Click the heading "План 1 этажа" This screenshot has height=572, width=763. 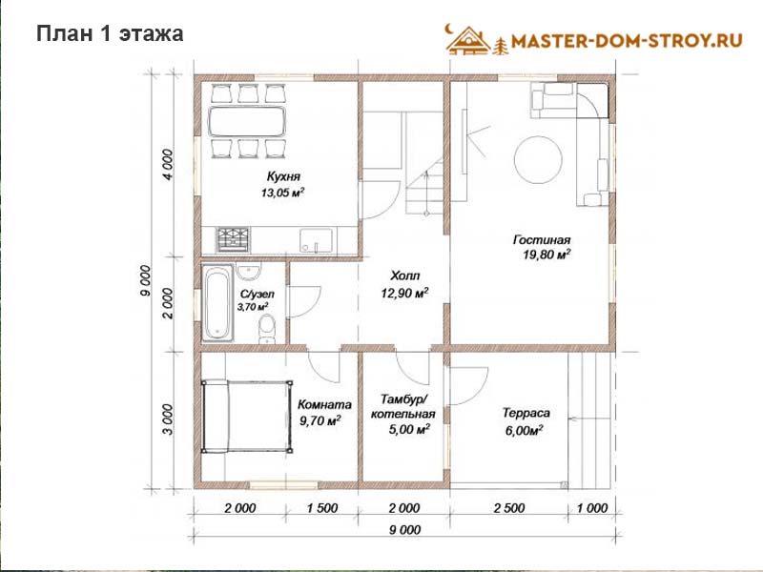tap(110, 34)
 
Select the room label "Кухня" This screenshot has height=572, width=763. tap(283, 176)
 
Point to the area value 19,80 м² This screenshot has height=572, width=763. tap(546, 255)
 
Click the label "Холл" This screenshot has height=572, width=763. tap(404, 276)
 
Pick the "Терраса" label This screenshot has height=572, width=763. tap(526, 413)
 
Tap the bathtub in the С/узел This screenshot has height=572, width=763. tap(217, 302)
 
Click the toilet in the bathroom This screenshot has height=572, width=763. tap(267, 329)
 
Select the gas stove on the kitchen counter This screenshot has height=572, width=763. tap(234, 240)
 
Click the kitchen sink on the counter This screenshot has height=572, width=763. tap(317, 240)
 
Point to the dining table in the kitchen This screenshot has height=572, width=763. tap(247, 121)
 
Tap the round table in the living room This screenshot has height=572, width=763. tap(538, 159)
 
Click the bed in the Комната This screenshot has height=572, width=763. tap(248, 417)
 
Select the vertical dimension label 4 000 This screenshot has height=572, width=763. tap(168, 165)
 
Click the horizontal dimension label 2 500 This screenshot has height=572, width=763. tap(509, 508)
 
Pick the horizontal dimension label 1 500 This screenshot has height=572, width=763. tap(322, 508)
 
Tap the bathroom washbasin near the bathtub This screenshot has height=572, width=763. tap(249, 272)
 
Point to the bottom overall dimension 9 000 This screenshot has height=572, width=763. tap(404, 530)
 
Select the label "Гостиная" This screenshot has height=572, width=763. tap(542, 240)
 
